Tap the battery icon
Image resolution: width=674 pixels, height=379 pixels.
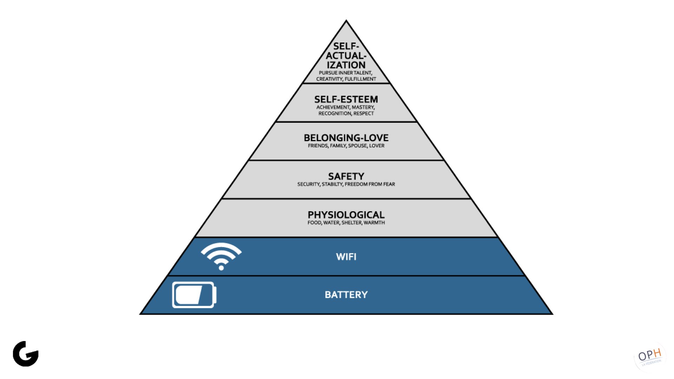coord(194,295)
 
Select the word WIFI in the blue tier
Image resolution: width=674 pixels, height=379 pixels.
coord(346,257)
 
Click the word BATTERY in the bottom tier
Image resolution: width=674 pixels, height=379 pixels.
coord(346,294)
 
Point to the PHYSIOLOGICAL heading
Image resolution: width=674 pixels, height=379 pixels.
coord(346,215)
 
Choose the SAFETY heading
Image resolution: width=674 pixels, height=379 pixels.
coord(346,176)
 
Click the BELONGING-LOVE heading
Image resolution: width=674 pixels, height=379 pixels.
coord(346,138)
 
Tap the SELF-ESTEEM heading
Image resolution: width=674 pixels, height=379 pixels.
coord(346,99)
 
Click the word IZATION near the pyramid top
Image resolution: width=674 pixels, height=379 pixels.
coord(346,65)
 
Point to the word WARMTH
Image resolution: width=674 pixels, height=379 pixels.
coord(374,223)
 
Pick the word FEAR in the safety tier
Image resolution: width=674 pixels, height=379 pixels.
coord(389,184)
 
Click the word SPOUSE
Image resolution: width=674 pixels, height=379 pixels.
coord(358,146)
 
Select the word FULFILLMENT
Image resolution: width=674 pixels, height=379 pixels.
coord(361,79)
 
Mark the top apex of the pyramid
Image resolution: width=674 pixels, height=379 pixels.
coord(346,20)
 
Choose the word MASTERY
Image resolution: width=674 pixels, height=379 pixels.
coord(363,107)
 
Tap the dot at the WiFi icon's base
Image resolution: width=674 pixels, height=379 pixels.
coord(221,268)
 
